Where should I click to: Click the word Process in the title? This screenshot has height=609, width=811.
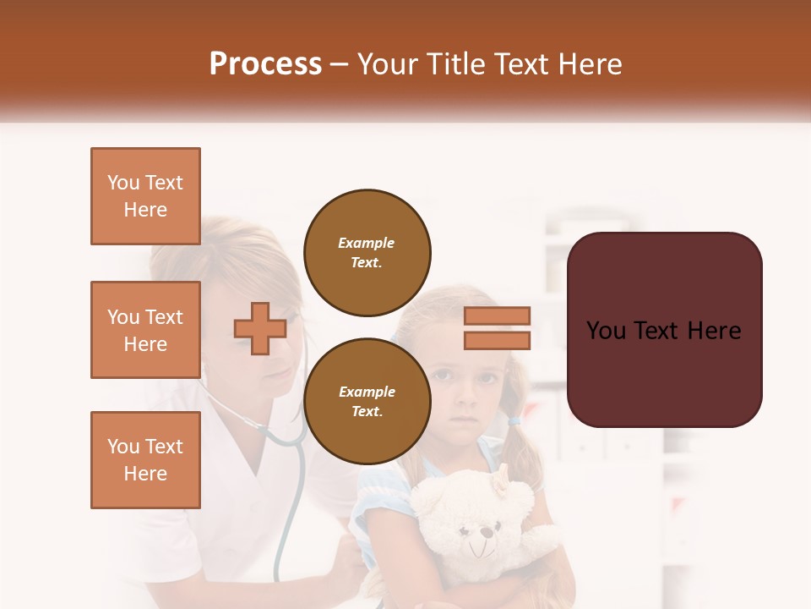265,64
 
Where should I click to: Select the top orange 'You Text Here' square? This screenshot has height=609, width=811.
145,196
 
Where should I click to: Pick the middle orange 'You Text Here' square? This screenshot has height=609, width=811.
145,330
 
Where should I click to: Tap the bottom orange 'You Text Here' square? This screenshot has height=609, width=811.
145,459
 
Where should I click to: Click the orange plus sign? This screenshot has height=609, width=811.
260,328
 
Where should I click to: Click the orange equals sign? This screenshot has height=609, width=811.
497,328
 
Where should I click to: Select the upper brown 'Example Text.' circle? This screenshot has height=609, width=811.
367,252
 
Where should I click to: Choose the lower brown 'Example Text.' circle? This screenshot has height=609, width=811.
367,401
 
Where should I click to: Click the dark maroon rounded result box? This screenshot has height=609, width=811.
664,330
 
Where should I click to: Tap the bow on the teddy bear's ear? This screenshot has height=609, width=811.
500,484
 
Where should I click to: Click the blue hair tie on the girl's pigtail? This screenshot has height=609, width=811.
514,420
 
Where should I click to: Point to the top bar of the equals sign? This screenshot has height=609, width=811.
497,315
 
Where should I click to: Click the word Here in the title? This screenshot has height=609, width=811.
588,64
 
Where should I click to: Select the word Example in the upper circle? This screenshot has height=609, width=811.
367,243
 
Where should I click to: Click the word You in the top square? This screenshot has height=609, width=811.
122,183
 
